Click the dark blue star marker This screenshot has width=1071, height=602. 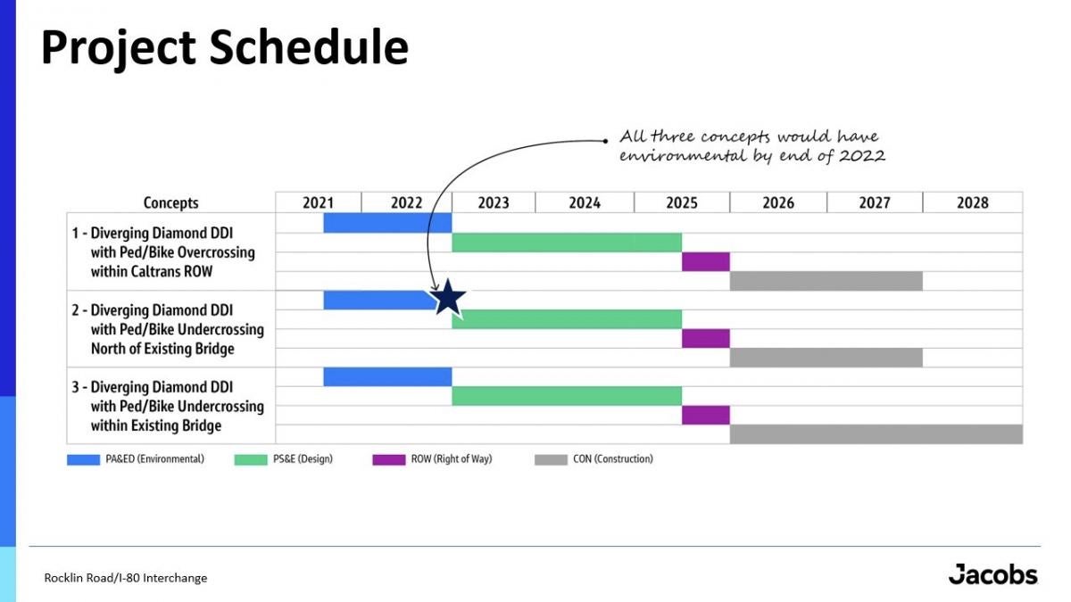click(x=447, y=299)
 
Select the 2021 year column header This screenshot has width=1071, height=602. click(x=318, y=202)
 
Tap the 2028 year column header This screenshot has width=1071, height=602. click(x=973, y=202)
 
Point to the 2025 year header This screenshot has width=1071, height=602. click(x=682, y=202)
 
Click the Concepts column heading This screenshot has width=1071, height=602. click(x=170, y=202)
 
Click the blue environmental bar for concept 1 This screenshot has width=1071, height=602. click(x=387, y=223)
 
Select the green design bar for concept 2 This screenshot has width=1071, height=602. click(x=567, y=319)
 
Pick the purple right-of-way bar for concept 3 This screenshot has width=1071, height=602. click(x=706, y=416)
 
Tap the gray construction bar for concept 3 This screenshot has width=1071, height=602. click(x=876, y=434)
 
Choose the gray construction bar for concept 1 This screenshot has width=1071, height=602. click(x=826, y=281)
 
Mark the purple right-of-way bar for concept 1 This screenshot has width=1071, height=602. click(x=706, y=262)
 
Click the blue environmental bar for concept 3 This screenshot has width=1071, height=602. click(x=387, y=377)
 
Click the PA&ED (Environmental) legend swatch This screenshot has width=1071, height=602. click(x=83, y=459)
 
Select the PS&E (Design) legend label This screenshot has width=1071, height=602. click(x=303, y=459)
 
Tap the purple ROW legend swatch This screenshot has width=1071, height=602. click(x=389, y=459)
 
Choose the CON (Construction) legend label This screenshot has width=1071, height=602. click(x=613, y=459)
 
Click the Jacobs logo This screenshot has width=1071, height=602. click(x=993, y=573)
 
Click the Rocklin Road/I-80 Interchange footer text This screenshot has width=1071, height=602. click(x=126, y=578)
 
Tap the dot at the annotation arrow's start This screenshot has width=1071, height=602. click(x=605, y=141)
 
